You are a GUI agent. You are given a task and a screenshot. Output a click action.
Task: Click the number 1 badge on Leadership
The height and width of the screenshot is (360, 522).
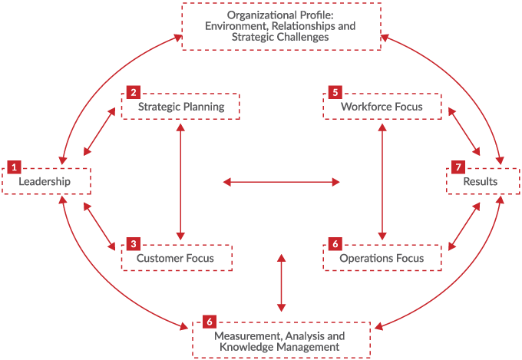pyautogui.click(x=14, y=167)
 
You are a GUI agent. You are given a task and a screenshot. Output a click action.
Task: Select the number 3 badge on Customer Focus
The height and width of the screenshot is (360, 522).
pyautogui.click(x=134, y=244)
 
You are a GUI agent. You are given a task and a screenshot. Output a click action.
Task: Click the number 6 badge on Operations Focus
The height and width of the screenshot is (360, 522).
pyautogui.click(x=335, y=244)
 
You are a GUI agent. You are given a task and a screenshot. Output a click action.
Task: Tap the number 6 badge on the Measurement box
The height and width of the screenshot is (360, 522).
pyautogui.click(x=210, y=321)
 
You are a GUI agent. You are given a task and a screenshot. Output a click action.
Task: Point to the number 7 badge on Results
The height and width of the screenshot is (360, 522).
pyautogui.click(x=458, y=167)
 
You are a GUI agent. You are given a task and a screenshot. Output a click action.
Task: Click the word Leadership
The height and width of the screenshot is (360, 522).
pyautogui.click(x=45, y=182)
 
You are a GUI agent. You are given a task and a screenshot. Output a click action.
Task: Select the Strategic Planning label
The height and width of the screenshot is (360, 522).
pyautogui.click(x=181, y=107)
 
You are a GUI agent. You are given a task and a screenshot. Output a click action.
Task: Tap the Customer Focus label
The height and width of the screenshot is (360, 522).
pyautogui.click(x=175, y=258)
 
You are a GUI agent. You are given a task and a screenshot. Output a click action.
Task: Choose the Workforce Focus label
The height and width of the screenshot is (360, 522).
pyautogui.click(x=382, y=107)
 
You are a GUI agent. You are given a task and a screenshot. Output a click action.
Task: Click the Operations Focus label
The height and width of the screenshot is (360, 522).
pyautogui.click(x=382, y=258)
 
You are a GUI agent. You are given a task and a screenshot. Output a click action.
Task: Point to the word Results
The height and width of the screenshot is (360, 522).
pyautogui.click(x=480, y=182)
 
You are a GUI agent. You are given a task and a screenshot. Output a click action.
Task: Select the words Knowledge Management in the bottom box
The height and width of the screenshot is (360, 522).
pyautogui.click(x=279, y=347)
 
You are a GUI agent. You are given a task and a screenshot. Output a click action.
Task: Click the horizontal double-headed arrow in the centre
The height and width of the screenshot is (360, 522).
pyautogui.click(x=281, y=182)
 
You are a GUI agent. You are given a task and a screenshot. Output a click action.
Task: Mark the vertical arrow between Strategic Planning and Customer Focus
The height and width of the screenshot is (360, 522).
pyautogui.click(x=180, y=182)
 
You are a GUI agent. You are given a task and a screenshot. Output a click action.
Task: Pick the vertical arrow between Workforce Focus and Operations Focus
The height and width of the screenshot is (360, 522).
pyautogui.click(x=382, y=182)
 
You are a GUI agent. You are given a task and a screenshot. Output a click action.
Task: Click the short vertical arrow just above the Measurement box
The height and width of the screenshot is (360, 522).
pyautogui.click(x=282, y=282)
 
